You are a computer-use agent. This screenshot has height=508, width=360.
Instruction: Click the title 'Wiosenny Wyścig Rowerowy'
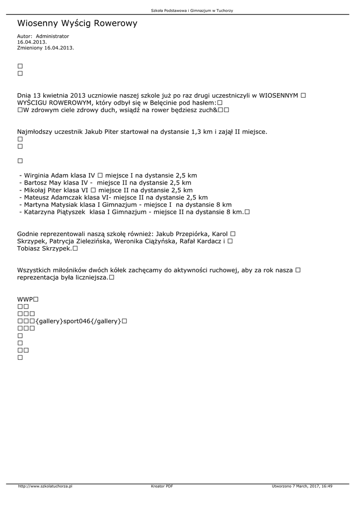point(77,23)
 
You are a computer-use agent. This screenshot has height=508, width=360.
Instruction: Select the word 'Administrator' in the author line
point(53,36)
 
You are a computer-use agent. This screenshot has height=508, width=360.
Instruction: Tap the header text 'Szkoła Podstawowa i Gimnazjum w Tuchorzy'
point(192,10)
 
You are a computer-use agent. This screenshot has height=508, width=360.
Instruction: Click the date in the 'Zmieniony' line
point(59,48)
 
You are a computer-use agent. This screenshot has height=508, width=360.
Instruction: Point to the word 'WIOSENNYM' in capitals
point(279,95)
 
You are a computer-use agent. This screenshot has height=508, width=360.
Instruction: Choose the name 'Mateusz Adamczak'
point(53,197)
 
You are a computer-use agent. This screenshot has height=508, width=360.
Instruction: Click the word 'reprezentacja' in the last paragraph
point(38,277)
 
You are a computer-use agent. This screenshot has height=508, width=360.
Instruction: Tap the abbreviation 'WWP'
point(24,300)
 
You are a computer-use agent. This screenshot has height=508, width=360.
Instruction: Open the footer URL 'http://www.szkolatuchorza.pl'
point(45,486)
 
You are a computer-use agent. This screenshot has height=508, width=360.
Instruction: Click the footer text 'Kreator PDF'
point(162,486)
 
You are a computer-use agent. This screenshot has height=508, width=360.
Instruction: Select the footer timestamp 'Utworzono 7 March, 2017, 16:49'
point(302,486)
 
